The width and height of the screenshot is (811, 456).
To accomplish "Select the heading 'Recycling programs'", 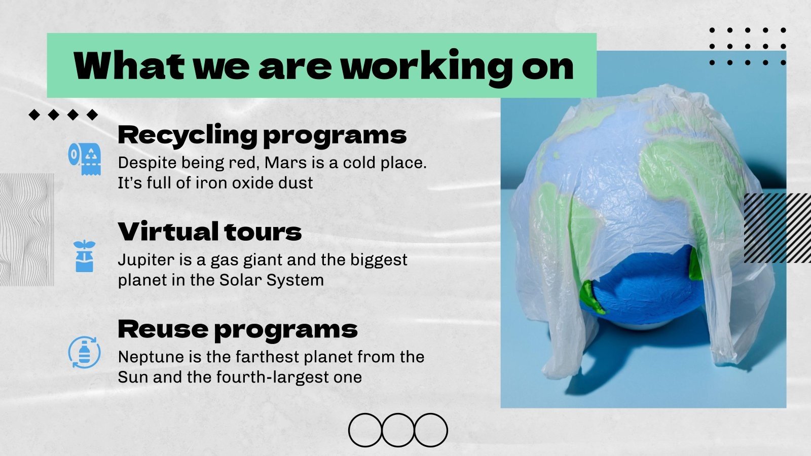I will [262, 135].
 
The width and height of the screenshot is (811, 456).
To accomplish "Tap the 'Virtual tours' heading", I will [209, 232].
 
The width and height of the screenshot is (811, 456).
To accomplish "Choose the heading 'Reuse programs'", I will [237, 329].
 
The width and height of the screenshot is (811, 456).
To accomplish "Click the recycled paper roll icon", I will [85, 158].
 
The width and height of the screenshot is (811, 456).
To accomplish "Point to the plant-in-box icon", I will [84, 256].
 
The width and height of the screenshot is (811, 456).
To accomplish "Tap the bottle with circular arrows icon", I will [84, 352].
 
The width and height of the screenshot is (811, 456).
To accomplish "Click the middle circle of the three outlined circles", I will [398, 430].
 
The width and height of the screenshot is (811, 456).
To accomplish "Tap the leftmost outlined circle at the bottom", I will [365, 430].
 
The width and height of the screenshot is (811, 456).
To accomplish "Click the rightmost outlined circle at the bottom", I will [431, 430].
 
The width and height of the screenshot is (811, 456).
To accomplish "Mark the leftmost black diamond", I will [34, 115].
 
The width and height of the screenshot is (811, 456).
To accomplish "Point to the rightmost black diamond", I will [92, 115].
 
